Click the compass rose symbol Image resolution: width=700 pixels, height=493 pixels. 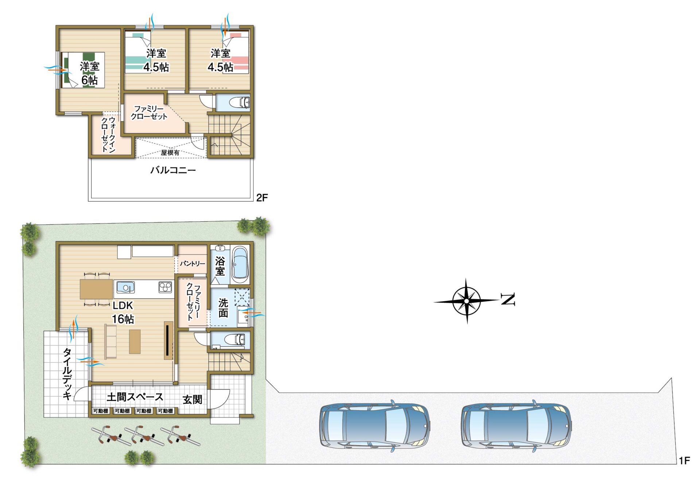467,301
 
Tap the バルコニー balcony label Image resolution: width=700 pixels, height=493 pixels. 173,170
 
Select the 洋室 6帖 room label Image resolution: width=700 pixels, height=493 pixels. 90,73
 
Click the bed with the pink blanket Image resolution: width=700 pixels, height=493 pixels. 236,53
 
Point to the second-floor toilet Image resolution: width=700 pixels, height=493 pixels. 240,102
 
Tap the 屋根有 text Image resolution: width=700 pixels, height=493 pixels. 170,152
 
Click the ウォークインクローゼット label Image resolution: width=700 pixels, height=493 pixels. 108,135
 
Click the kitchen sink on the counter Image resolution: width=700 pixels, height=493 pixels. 125,287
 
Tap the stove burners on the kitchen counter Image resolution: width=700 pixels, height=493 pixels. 165,287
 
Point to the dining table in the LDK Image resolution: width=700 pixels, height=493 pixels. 97,289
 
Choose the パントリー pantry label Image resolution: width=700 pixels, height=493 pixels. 192,263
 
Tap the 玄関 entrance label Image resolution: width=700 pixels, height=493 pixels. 192,400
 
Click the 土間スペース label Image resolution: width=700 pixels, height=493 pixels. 135,397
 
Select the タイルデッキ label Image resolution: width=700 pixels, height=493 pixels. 67,374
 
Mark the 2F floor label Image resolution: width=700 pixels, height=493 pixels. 262,198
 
